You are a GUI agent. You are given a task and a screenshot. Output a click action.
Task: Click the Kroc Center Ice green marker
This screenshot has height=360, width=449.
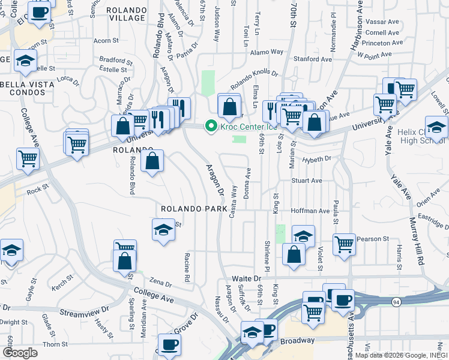click(210, 126)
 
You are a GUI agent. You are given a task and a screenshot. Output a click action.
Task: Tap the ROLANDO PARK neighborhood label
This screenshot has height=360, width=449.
click(193, 209)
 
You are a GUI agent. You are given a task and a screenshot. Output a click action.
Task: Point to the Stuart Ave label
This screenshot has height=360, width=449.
click(307, 180)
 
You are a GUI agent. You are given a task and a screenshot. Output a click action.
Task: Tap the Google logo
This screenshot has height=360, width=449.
click(20, 353)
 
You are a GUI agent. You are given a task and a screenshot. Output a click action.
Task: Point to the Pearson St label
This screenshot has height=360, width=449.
click(373, 239)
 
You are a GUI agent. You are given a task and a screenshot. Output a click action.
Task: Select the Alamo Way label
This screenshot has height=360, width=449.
click(267, 52)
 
